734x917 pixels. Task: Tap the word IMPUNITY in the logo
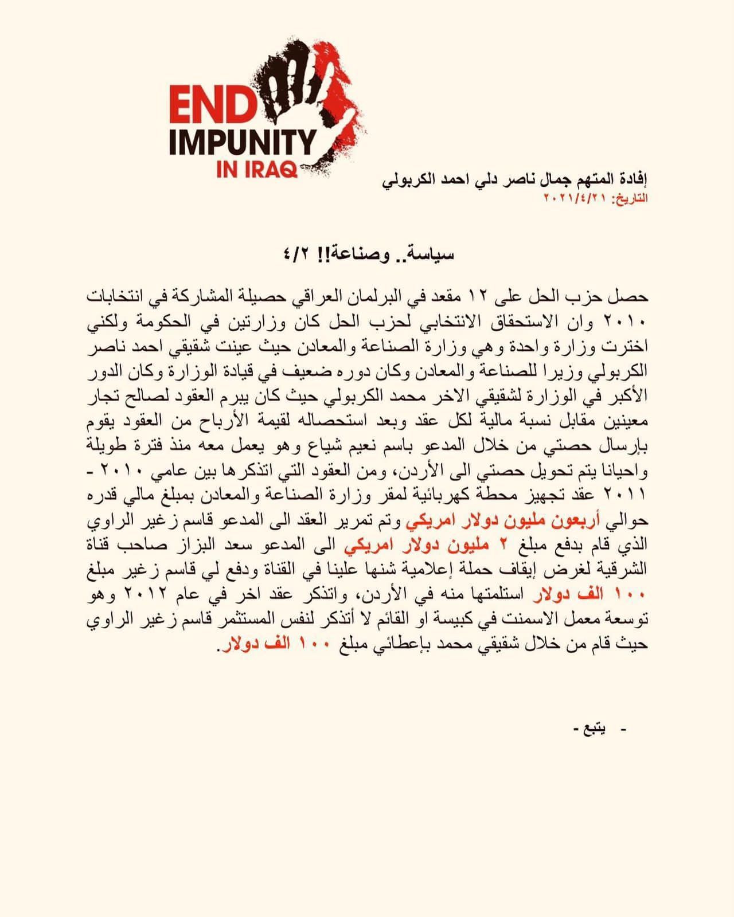(x=243, y=142)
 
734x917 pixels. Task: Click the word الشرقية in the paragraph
(x=625, y=570)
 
